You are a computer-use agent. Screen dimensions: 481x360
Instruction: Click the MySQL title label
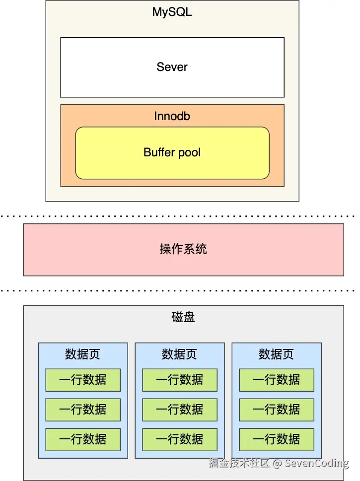click(172, 12)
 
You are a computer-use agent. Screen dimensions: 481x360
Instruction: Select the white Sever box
click(172, 67)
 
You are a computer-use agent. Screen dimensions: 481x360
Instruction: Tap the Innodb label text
click(172, 117)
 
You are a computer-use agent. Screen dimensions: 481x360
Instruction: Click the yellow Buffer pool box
click(172, 153)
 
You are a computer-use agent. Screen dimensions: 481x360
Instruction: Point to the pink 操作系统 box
click(183, 249)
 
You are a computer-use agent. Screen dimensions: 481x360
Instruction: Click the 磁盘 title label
click(183, 317)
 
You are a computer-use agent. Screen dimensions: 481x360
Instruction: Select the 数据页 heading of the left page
click(82, 354)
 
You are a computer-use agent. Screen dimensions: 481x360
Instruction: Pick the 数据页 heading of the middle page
click(179, 354)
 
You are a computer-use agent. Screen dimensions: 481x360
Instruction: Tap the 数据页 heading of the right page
click(276, 354)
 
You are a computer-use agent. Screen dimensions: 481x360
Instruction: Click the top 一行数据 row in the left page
click(82, 380)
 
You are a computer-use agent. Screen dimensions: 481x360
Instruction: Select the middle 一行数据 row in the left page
click(82, 410)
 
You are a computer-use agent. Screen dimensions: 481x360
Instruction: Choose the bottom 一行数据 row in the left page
click(82, 439)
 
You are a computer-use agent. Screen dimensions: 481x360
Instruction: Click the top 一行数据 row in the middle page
click(179, 380)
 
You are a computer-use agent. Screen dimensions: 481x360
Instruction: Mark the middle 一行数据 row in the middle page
click(179, 410)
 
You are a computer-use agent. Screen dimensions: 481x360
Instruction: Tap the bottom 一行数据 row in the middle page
click(179, 439)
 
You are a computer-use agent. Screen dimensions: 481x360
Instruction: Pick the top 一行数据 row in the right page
click(276, 380)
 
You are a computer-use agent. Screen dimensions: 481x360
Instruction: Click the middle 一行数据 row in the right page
click(276, 410)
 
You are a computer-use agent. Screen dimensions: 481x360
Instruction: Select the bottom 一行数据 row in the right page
click(276, 439)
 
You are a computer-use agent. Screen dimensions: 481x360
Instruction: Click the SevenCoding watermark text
click(317, 464)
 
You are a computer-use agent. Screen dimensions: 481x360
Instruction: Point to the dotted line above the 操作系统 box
click(179, 216)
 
